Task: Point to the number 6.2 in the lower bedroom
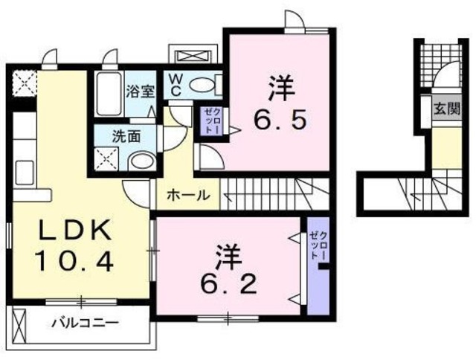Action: [x=229, y=283]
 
